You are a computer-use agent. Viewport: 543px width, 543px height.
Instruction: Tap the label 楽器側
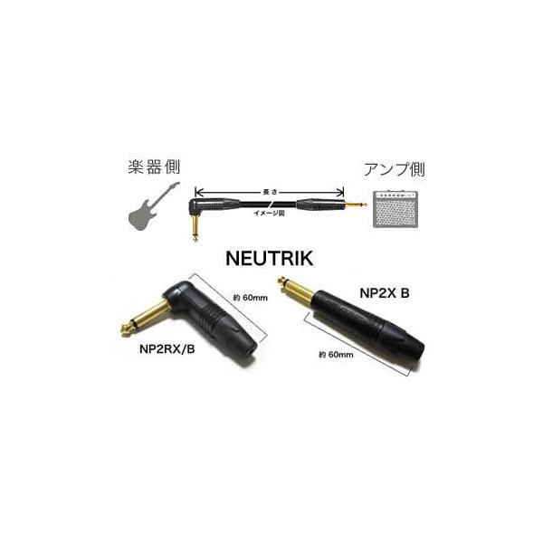click(x=155, y=168)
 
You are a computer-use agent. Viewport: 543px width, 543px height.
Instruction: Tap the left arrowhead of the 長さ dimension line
click(x=198, y=192)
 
